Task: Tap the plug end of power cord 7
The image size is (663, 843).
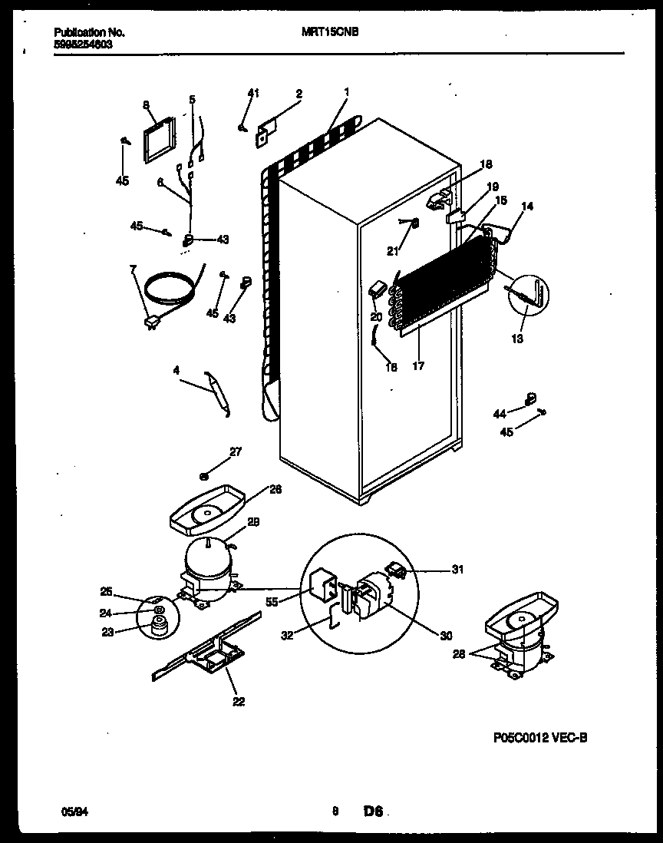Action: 149,323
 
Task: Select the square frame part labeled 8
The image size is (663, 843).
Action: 158,140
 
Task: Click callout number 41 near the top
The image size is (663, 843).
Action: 253,94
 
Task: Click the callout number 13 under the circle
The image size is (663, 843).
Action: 518,339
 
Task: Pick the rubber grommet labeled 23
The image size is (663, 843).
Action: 160,630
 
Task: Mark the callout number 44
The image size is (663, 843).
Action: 500,414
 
